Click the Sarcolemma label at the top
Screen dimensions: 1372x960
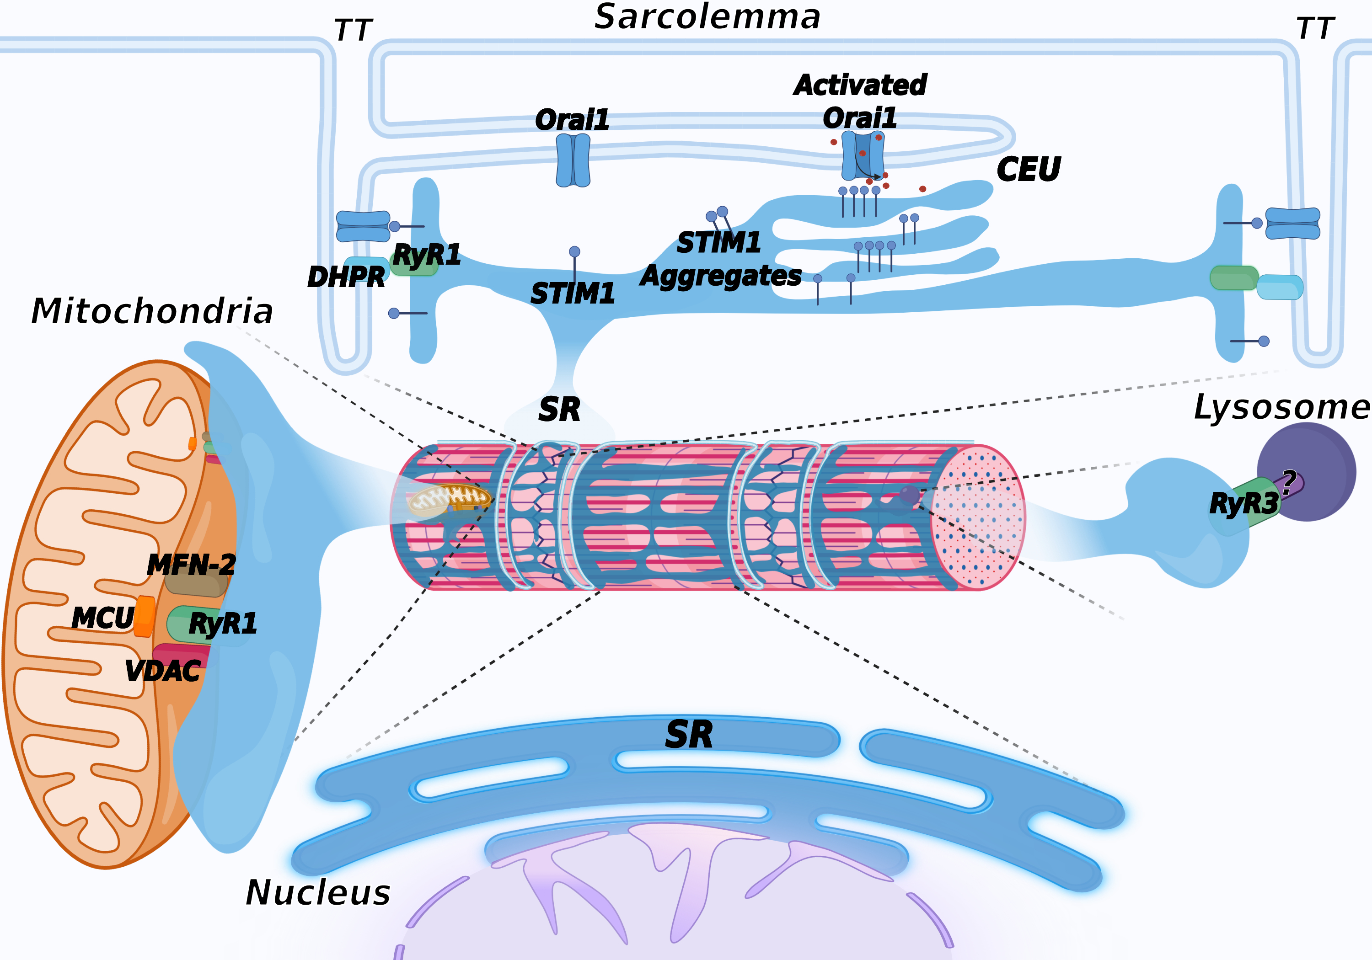click(x=707, y=17)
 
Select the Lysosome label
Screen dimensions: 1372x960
click(x=1282, y=408)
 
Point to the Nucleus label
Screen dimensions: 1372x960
click(x=318, y=892)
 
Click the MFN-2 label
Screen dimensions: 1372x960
click(x=191, y=565)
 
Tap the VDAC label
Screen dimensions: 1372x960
click(x=162, y=671)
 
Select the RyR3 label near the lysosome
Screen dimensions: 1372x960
click(x=1243, y=503)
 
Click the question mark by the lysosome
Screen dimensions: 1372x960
click(x=1288, y=482)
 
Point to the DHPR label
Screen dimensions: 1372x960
click(x=346, y=277)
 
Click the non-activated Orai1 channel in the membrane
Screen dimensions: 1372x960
click(x=573, y=160)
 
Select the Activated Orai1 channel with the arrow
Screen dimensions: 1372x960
click(x=862, y=155)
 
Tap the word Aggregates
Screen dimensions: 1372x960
click(x=721, y=277)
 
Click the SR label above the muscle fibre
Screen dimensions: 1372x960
click(x=559, y=410)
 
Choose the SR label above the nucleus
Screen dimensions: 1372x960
click(x=689, y=734)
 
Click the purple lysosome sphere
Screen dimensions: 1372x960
click(x=1306, y=472)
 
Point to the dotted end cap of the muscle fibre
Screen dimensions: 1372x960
click(x=978, y=517)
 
